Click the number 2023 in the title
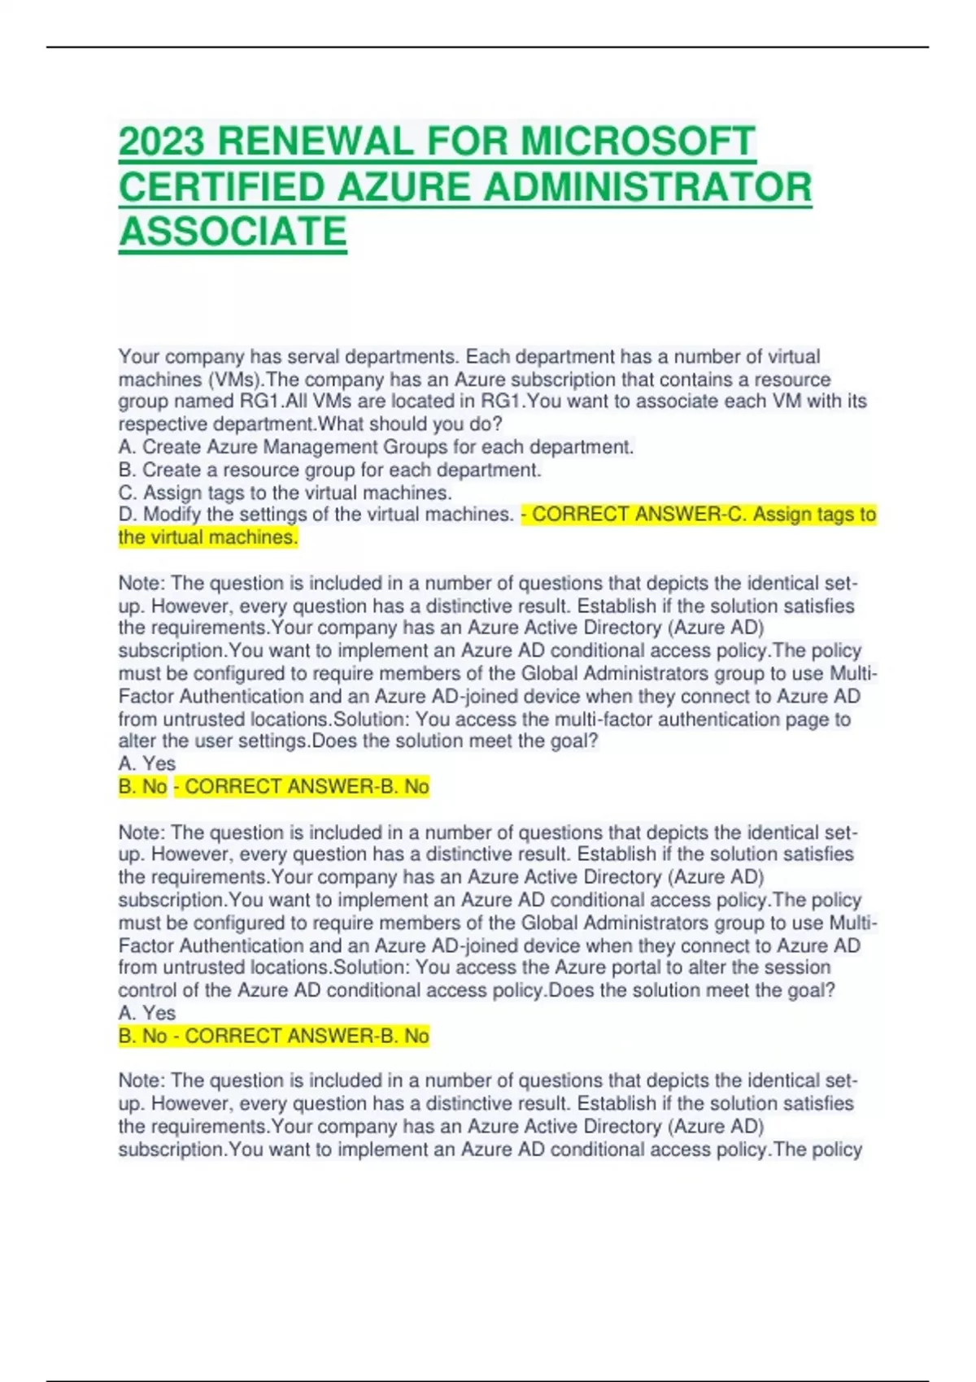tap(162, 142)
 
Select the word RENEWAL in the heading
tap(316, 142)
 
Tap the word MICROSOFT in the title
tap(638, 142)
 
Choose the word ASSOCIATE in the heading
tap(233, 232)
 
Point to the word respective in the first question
tap(163, 424)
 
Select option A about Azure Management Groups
tap(376, 447)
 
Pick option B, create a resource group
tap(329, 470)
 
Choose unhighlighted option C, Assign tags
tap(285, 493)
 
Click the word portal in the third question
tap(636, 967)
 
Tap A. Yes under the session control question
tap(147, 1013)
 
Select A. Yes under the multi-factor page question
tap(147, 763)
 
